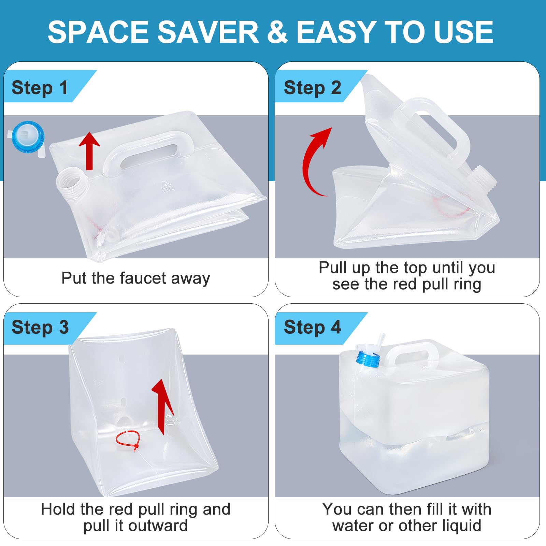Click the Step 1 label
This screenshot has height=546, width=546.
tap(40, 87)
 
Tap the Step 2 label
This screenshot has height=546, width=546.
tap(312, 87)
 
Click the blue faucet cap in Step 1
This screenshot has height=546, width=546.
tap(28, 137)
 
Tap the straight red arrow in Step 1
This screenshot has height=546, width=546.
tap(89, 150)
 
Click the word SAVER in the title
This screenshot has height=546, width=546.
tap(208, 32)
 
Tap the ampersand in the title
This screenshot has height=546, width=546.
tap(277, 32)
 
